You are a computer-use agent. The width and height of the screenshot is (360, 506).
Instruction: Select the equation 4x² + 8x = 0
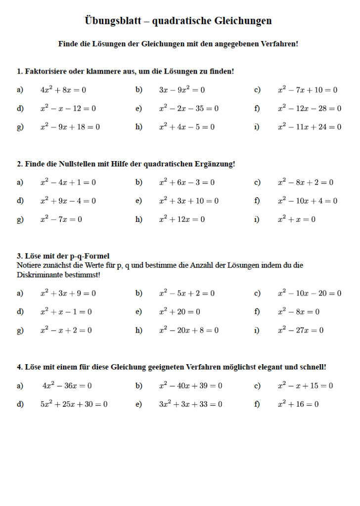pyautogui.click(x=63, y=90)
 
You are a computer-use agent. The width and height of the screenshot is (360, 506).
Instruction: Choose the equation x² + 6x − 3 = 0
pyautogui.click(x=187, y=182)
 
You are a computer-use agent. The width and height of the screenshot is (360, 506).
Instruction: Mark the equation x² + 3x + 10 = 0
pyautogui.click(x=189, y=201)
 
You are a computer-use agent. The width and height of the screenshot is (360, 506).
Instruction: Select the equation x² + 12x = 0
pyautogui.click(x=182, y=219)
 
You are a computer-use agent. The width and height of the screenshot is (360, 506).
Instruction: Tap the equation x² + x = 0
pyautogui.click(x=297, y=219)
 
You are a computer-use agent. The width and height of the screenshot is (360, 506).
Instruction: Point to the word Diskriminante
pyautogui.click(x=41, y=275)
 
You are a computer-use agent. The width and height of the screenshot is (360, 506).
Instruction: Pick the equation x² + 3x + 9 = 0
pyautogui.click(x=68, y=294)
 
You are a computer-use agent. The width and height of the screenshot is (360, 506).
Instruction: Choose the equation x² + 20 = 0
pyautogui.click(x=180, y=312)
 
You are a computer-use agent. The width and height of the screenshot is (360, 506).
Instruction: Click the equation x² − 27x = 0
pyautogui.click(x=301, y=331)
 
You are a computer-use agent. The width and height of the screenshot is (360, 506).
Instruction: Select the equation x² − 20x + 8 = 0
pyautogui.click(x=189, y=331)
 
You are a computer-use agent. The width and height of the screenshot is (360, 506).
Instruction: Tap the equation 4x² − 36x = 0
pyautogui.click(x=67, y=386)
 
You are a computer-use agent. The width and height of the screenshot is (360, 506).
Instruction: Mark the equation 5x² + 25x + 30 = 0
pyautogui.click(x=74, y=404)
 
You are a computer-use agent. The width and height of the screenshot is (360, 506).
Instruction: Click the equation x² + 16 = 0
pyautogui.click(x=298, y=404)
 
